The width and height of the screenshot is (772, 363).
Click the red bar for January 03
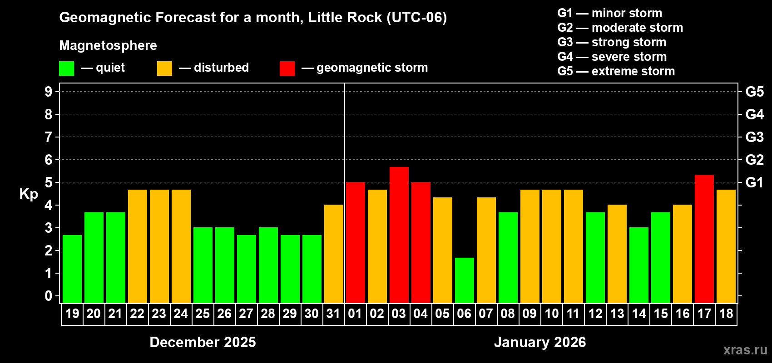coord(399,235)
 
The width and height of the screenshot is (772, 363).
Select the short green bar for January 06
coord(465,280)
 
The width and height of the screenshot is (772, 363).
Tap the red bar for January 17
coord(704,239)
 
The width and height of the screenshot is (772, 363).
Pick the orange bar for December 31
coord(334,254)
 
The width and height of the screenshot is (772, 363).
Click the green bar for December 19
coord(72,269)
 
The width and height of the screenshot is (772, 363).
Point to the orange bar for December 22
coord(138,246)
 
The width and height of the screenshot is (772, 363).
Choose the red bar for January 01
coord(356,242)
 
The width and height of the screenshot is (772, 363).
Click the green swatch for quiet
coord(67,69)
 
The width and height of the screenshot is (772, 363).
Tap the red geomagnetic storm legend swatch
coord(287,69)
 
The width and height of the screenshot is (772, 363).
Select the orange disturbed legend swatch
coord(164,69)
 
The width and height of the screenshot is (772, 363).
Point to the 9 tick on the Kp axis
coord(49,92)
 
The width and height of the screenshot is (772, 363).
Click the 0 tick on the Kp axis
coord(49,296)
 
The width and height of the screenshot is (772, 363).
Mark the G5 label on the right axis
coord(754,92)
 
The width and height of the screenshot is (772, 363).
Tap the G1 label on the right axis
coord(754,182)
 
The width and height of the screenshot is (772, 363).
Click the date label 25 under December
coord(203,314)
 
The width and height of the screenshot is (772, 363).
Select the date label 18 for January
coord(726,314)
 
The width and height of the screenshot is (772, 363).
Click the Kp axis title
coord(29,194)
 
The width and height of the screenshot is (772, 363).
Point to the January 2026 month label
coord(539,342)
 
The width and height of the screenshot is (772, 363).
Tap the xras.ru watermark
coord(745,350)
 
